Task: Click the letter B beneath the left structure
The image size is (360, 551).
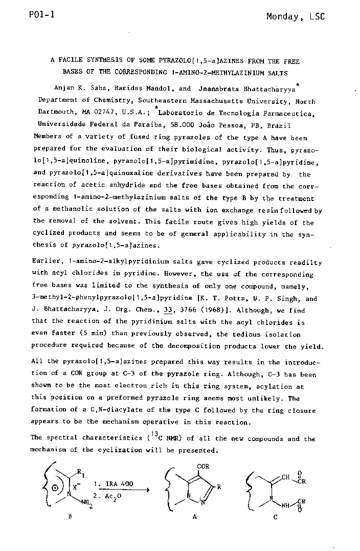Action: coord(70,517)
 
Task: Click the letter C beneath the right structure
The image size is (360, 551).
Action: coord(275,517)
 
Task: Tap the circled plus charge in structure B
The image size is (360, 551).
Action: coord(54,488)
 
